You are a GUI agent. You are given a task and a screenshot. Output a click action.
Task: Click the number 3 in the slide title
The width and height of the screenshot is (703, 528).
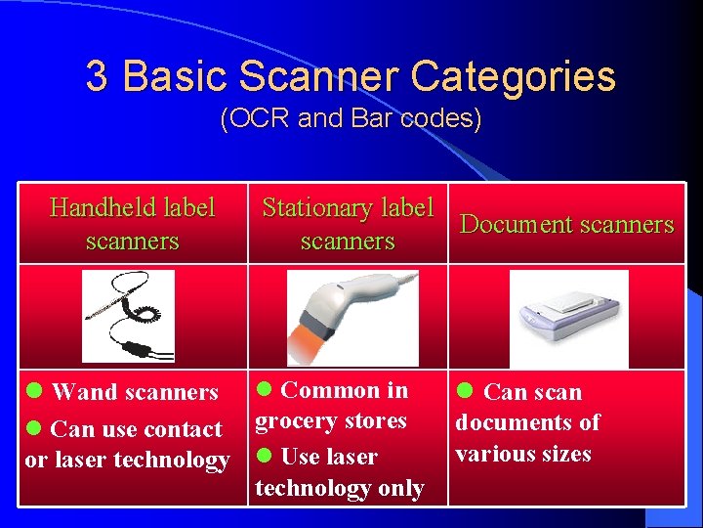pos(97,76)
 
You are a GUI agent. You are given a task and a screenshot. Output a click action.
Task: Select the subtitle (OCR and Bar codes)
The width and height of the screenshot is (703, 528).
pos(351,119)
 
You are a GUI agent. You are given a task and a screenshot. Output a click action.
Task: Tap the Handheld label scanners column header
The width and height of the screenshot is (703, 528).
pos(133,224)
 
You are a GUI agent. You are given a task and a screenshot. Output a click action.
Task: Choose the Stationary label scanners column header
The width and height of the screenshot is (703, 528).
pos(348,224)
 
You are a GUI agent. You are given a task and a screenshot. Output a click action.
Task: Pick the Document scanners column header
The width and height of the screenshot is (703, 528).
pos(567,224)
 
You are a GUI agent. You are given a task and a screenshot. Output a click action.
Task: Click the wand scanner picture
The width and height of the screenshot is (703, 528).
pos(128,317)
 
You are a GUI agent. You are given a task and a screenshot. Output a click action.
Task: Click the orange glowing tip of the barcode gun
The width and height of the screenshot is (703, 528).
pos(305,344)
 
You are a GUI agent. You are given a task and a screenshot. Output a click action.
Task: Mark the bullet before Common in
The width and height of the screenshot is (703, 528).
pos(264,390)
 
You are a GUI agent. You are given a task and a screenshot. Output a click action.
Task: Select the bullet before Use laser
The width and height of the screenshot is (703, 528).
pos(264,457)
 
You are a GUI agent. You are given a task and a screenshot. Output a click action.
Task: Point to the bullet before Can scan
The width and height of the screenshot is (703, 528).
pos(466,391)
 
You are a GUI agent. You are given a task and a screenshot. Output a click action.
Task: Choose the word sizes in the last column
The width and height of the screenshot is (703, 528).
pos(565,454)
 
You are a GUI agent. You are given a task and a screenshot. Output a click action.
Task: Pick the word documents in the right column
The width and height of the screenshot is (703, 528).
pos(514,422)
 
